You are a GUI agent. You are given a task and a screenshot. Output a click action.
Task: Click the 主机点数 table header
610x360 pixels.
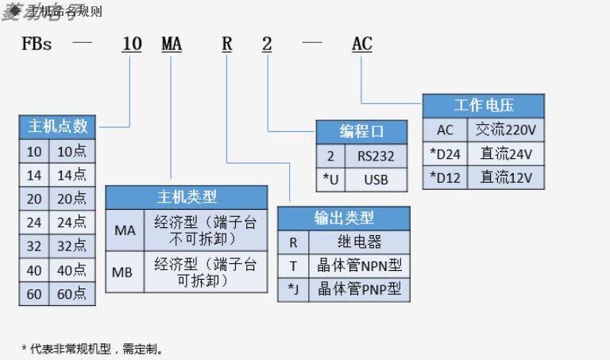(x=57, y=126)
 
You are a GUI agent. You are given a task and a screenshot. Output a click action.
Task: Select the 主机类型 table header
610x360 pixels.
(x=187, y=197)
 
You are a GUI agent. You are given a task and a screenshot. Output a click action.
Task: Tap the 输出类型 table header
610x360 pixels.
(x=344, y=218)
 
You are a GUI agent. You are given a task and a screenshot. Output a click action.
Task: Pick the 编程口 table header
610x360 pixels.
(x=361, y=132)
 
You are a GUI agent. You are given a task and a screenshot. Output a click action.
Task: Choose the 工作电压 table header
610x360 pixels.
(x=483, y=106)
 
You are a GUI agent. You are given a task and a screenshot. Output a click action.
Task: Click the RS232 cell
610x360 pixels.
(x=376, y=156)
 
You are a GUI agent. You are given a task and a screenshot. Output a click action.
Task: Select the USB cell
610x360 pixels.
(x=376, y=180)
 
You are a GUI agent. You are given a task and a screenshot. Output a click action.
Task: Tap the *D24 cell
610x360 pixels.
(x=444, y=153)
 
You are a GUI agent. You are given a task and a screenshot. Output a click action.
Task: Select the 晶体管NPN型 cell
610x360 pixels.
(x=360, y=265)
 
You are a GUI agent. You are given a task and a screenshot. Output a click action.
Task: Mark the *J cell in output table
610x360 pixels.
(x=292, y=289)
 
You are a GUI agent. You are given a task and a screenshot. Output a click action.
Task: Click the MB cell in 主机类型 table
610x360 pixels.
(x=124, y=271)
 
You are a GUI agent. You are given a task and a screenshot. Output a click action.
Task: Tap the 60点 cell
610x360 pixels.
(x=72, y=294)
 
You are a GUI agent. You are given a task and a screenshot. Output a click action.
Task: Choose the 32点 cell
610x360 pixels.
(x=72, y=246)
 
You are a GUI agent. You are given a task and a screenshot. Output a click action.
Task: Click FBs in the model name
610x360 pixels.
(x=37, y=45)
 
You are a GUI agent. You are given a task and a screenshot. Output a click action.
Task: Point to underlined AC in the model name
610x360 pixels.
(x=361, y=45)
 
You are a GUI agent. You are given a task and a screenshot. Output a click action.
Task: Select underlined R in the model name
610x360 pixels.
(x=226, y=45)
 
